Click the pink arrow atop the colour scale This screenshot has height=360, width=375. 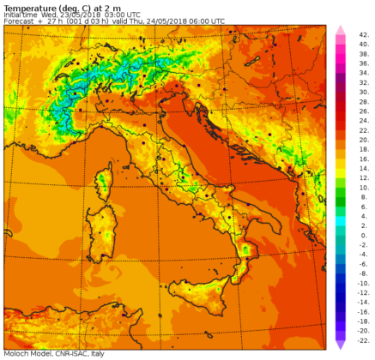[x=340, y=30]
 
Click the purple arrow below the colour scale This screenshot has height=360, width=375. [x=340, y=345]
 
